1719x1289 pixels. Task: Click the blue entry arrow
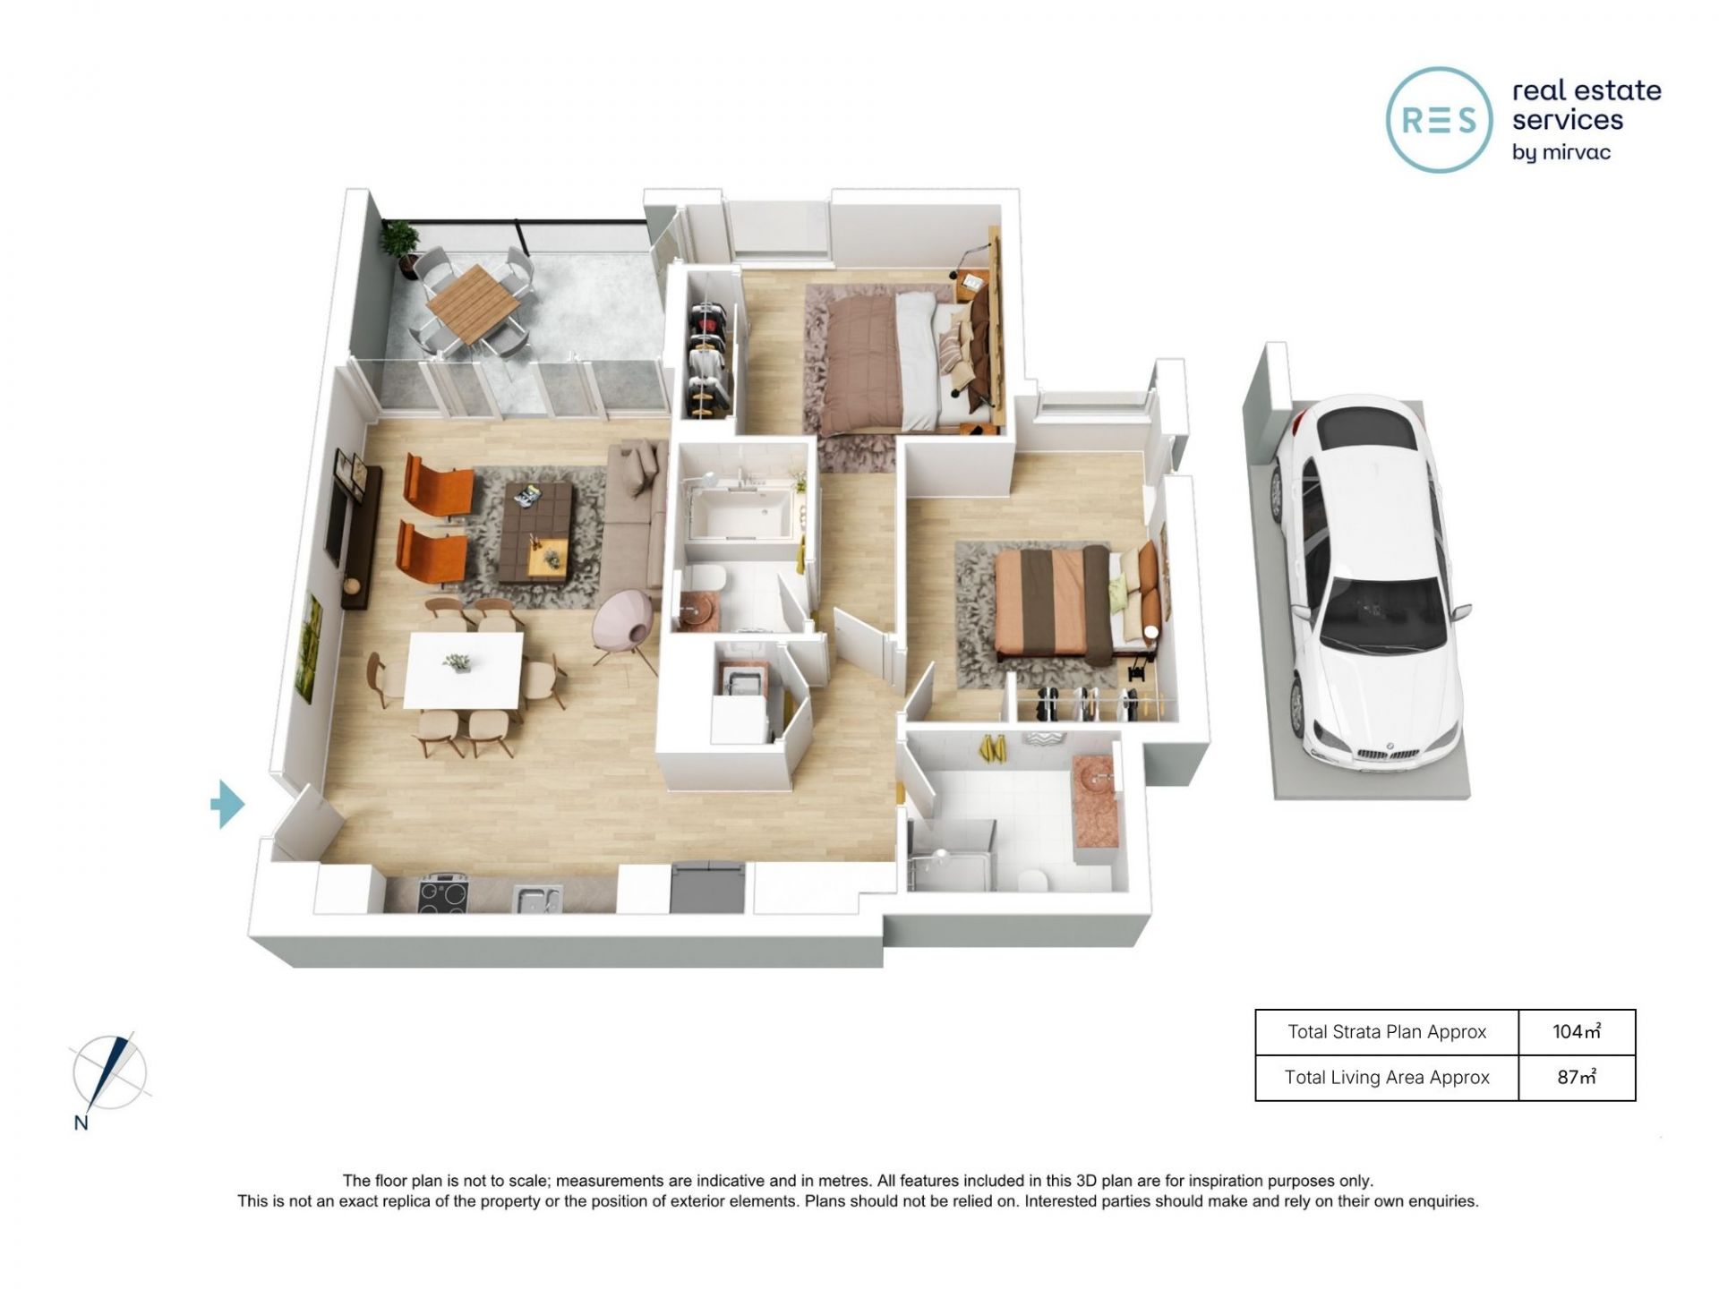point(227,804)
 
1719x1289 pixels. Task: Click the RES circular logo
point(1440,119)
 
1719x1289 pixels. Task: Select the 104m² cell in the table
point(1577,1032)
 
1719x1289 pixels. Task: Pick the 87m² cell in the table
point(1577,1078)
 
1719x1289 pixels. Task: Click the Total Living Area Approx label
point(1387,1078)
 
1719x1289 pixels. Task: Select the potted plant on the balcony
point(399,244)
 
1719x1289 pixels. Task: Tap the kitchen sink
point(537,898)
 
